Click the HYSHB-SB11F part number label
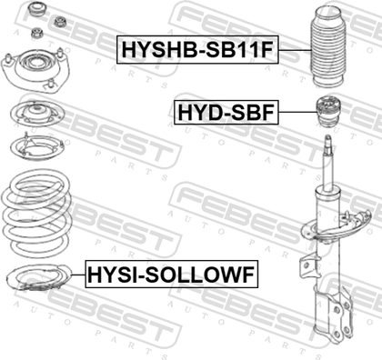pyautogui.click(x=197, y=49)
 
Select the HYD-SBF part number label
pyautogui.click(x=226, y=113)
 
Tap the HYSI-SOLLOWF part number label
pyautogui.click(x=172, y=275)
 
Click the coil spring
pyautogui.click(x=37, y=214)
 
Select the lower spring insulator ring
pyautogui.click(x=38, y=277)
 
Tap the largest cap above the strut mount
pyautogui.click(x=36, y=11)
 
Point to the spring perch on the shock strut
pyautogui.click(x=336, y=228)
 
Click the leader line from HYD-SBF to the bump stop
pyautogui.click(x=297, y=113)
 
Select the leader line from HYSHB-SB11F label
pyautogui.click(x=295, y=50)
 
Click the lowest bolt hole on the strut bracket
pyautogui.click(x=337, y=334)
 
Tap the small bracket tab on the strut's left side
pyautogui.click(x=306, y=265)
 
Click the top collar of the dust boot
pyautogui.click(x=328, y=16)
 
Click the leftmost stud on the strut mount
pyautogui.click(x=8, y=58)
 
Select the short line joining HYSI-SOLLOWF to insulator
pyautogui.click(x=78, y=275)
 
